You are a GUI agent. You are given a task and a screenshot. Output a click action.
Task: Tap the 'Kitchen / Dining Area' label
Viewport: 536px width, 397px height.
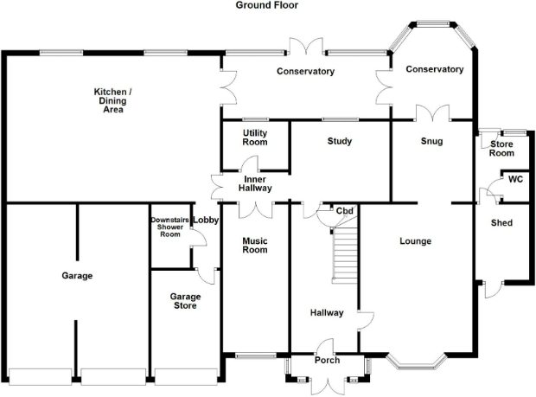pos(112,100)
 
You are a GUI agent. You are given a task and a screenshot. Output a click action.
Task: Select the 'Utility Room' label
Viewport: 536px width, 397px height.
pos(254,138)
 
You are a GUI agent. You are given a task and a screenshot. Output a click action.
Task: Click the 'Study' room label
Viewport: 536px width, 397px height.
pos(340,141)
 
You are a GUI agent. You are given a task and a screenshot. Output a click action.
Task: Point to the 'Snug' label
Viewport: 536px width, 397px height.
pos(432,141)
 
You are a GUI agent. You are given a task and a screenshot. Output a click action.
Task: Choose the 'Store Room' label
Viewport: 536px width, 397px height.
pos(501,149)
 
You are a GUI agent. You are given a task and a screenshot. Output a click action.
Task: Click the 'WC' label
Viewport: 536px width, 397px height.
pos(515,180)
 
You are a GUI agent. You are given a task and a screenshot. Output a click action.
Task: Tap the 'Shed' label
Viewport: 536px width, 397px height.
pos(501,223)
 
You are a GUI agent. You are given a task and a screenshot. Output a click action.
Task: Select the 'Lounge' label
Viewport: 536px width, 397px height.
pos(416,241)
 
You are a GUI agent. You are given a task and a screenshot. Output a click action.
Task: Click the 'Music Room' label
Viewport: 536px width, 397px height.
pos(253,245)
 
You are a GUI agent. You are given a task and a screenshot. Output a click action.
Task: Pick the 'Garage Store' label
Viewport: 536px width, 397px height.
pos(185,301)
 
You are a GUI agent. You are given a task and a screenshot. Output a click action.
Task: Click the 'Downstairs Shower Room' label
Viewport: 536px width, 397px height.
pos(169,227)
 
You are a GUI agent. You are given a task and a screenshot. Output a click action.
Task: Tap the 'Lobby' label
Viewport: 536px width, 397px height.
pos(205,221)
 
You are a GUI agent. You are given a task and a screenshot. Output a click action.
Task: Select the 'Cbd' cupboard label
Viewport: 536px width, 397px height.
pos(344,211)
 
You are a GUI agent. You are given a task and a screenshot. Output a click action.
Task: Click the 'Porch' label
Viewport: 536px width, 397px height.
pos(327,361)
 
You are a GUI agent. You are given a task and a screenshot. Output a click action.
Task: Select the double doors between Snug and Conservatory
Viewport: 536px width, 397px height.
pos(431,112)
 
